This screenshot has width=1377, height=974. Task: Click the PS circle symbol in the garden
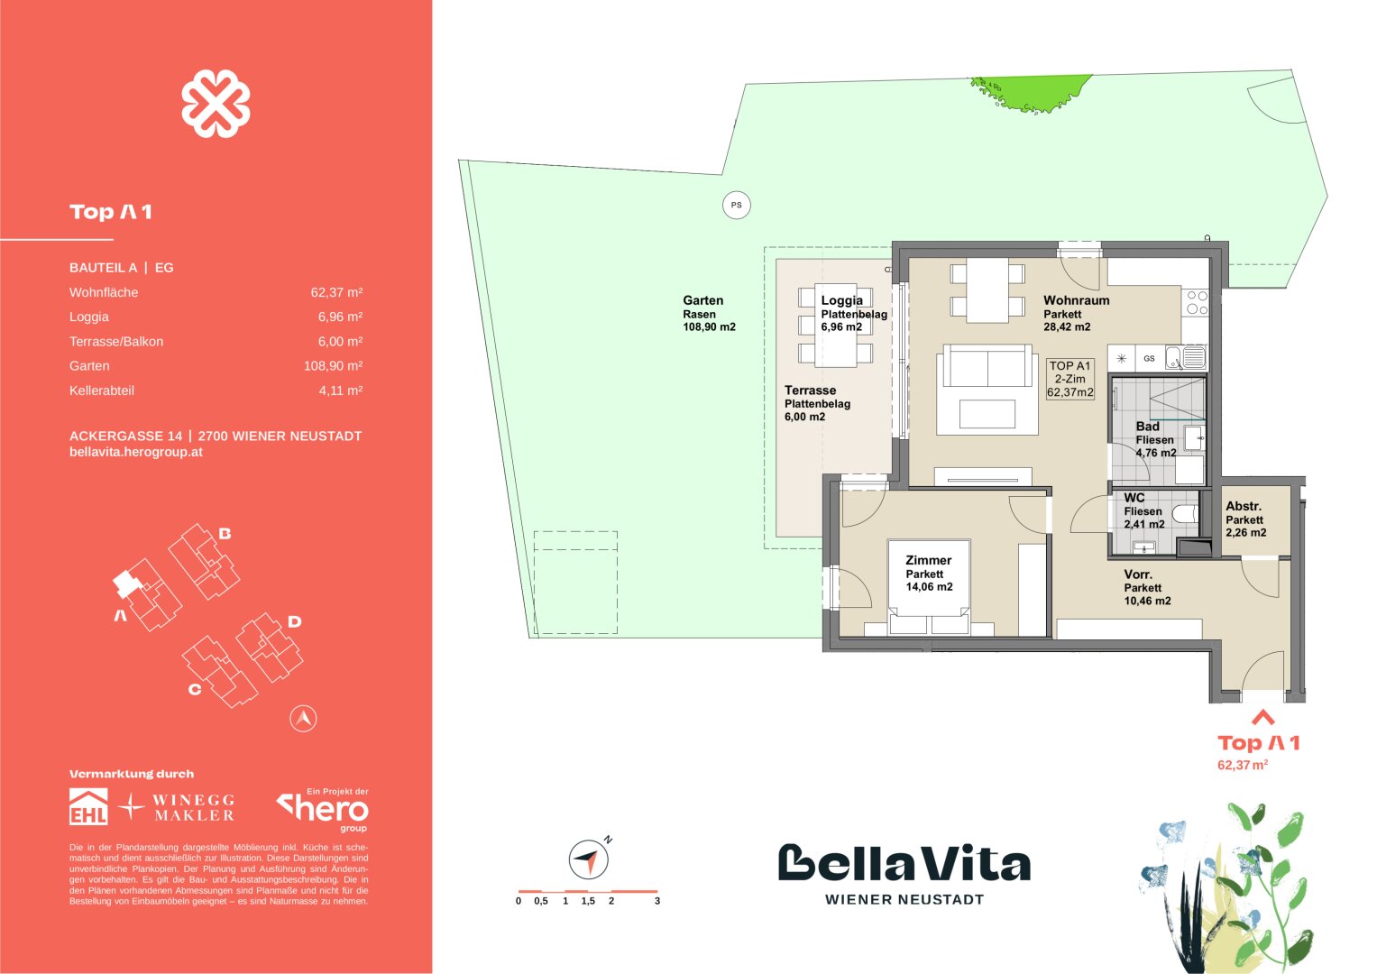tap(737, 206)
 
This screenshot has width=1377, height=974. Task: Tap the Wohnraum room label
tap(1076, 300)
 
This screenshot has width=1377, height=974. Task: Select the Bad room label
tap(1147, 427)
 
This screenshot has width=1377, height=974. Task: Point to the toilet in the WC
tap(1187, 513)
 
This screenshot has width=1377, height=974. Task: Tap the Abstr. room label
tap(1244, 507)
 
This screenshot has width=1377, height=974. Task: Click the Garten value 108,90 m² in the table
tap(333, 366)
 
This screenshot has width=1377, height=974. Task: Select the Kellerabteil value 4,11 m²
tap(340, 391)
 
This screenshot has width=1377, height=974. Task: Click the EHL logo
tap(88, 806)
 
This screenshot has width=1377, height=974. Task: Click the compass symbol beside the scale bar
tap(587, 859)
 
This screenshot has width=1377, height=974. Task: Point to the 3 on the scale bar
tap(657, 901)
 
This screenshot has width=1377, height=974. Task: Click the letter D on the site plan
tap(294, 621)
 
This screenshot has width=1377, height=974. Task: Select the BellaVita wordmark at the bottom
tap(904, 864)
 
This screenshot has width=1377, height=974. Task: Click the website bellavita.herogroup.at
tap(135, 452)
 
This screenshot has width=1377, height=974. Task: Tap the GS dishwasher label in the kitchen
tap(1149, 358)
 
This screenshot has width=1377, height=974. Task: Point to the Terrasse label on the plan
tap(810, 391)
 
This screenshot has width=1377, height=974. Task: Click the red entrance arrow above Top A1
tap(1262, 718)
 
